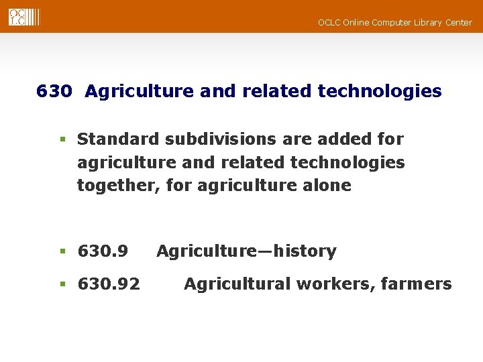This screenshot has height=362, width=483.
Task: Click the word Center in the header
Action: click(458, 23)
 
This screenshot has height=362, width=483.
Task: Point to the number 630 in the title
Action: click(54, 91)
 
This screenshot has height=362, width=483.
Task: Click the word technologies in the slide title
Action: click(380, 91)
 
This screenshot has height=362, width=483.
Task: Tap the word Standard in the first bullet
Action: click(118, 139)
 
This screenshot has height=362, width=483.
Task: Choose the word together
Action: click(115, 186)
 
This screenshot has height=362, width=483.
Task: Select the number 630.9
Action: click(103, 251)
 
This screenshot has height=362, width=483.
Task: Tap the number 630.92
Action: click(109, 284)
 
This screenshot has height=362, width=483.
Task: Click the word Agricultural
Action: click(235, 284)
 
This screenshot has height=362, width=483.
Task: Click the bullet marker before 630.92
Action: click(62, 285)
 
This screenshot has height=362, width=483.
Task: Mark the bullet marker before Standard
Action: click(62, 140)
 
